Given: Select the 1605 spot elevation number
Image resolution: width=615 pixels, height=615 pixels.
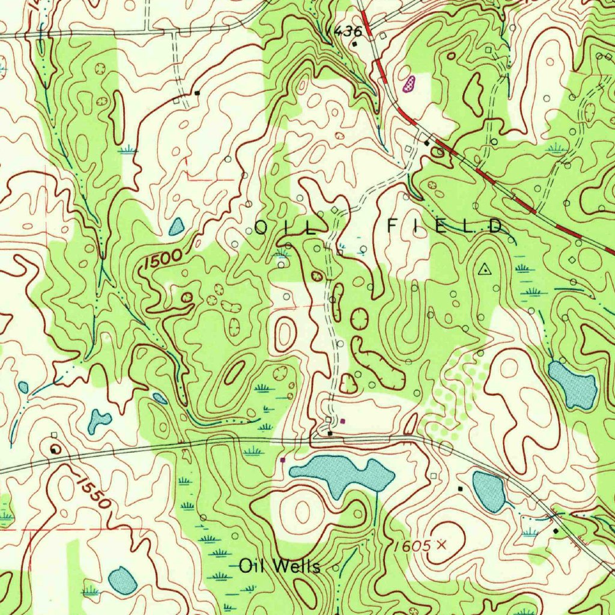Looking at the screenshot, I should tap(413, 545).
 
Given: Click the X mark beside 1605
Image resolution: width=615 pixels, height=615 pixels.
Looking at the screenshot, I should tap(443, 545).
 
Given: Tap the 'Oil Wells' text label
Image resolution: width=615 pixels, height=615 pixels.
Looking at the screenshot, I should tap(279, 566).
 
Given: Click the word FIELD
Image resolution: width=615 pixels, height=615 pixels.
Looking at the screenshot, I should tap(444, 226).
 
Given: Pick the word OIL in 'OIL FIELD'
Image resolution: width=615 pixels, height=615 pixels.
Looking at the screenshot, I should tap(286, 228).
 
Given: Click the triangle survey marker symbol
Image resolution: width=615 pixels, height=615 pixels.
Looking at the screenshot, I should tap(483, 270).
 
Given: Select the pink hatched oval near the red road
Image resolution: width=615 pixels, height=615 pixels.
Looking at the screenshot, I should tap(411, 84).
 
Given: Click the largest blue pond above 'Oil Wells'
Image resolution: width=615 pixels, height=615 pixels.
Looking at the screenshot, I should tap(342, 471).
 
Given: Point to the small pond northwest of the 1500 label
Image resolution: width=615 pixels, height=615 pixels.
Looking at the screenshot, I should tap(177, 226).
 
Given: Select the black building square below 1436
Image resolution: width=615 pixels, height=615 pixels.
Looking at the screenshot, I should tap(355, 44).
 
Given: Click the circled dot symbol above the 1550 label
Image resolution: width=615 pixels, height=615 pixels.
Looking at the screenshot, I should tap(56, 448).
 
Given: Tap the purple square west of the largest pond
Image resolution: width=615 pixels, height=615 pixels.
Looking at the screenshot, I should tap(282, 460).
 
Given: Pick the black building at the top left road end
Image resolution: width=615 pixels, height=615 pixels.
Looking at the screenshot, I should tap(197, 92).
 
